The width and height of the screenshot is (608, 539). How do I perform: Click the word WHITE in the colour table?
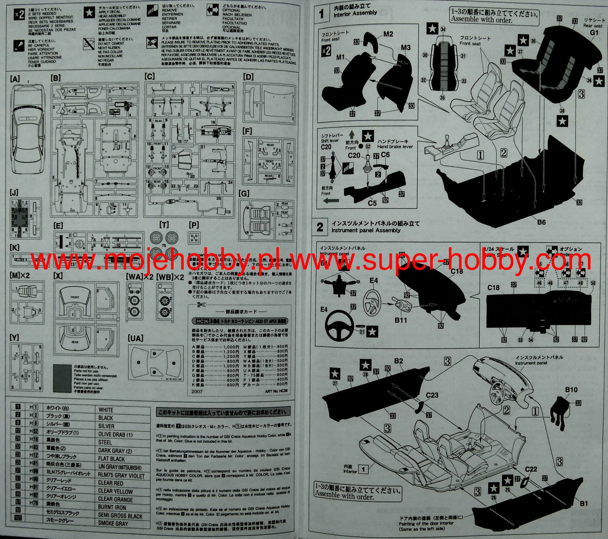106,410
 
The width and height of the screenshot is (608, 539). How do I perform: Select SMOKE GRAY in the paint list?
113,523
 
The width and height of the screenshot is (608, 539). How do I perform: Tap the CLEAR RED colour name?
110,483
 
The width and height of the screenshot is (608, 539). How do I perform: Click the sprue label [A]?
15,79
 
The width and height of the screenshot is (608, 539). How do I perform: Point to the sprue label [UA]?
135,338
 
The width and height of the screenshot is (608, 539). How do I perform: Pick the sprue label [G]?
244,194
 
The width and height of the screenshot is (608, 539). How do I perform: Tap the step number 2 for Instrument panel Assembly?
320,227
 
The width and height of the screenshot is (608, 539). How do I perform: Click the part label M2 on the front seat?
388,34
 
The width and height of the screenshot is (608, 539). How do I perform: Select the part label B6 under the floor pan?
541,222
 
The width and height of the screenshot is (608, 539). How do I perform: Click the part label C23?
432,395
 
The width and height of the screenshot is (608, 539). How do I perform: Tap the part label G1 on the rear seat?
594,33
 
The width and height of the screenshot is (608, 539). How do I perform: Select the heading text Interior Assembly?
355,14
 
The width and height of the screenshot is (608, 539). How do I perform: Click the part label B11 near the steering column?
401,320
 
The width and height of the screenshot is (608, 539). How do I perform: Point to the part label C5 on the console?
372,203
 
